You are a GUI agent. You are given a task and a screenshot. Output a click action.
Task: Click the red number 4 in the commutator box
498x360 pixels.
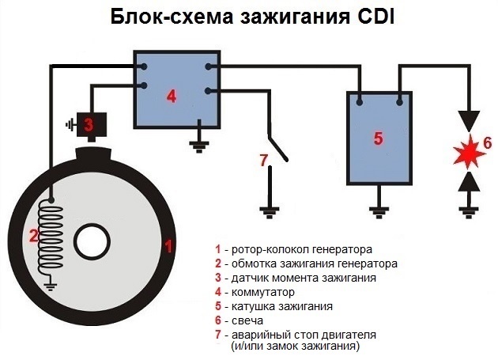click(172, 97)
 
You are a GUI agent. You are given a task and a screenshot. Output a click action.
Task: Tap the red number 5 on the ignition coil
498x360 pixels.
click(377, 138)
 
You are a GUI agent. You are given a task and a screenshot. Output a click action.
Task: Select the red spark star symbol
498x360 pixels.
click(466, 151)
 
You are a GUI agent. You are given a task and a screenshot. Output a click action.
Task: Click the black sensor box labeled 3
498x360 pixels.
click(93, 124)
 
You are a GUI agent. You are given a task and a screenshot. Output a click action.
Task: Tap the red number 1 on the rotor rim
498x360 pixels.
click(167, 245)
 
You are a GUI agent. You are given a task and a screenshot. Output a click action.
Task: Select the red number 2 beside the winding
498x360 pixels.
click(32, 234)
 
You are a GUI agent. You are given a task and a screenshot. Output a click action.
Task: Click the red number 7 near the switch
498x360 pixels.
click(264, 159)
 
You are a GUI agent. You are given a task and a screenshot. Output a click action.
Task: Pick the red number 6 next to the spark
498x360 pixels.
click(487, 143)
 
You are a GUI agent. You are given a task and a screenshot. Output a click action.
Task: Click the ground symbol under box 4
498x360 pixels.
click(198, 144)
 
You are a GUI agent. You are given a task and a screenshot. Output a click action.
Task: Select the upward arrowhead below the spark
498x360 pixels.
click(466, 181)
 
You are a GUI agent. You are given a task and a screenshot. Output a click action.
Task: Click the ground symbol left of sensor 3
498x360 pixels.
click(70, 125)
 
